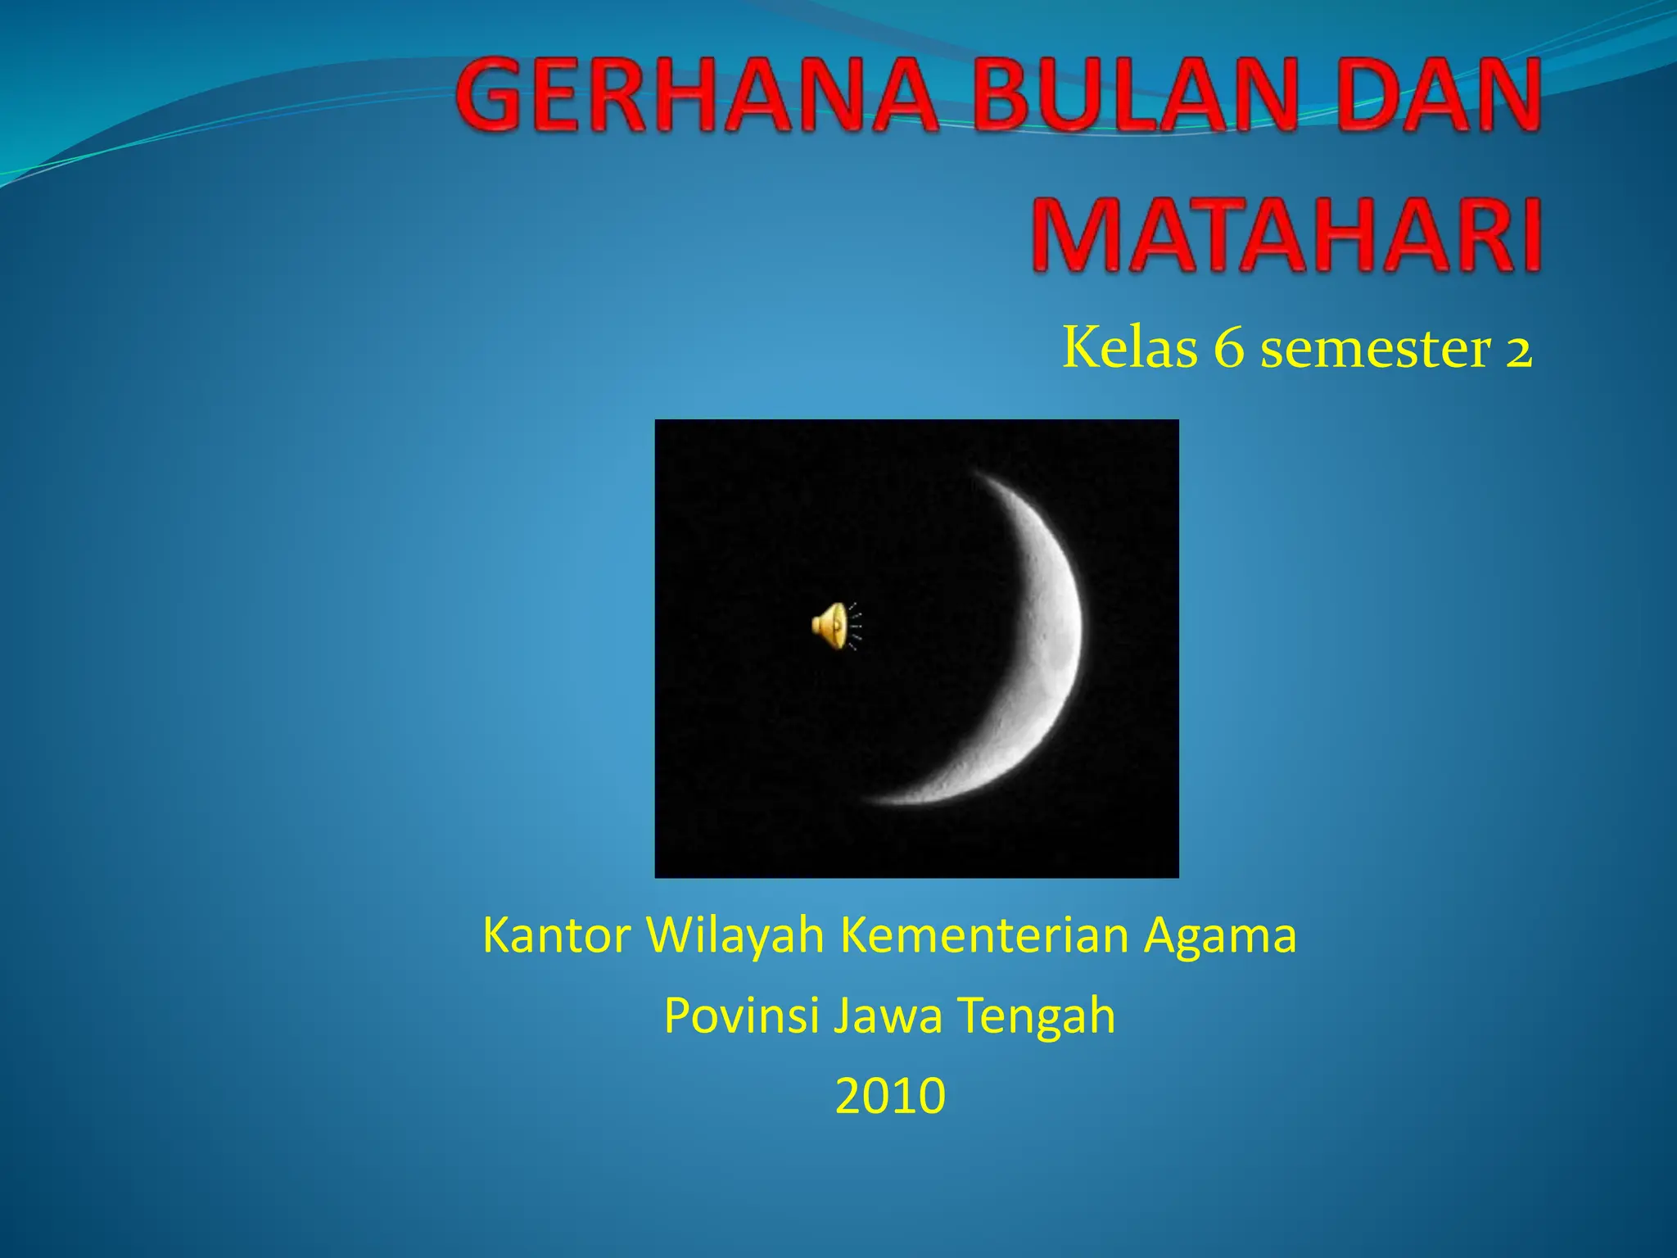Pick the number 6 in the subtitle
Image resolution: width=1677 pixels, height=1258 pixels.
pyautogui.click(x=1228, y=349)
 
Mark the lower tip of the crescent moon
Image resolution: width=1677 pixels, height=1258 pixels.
pyautogui.click(x=870, y=799)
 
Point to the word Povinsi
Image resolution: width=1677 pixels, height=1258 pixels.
pyautogui.click(x=741, y=1016)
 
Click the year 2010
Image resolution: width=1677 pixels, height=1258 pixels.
pyautogui.click(x=890, y=1096)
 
